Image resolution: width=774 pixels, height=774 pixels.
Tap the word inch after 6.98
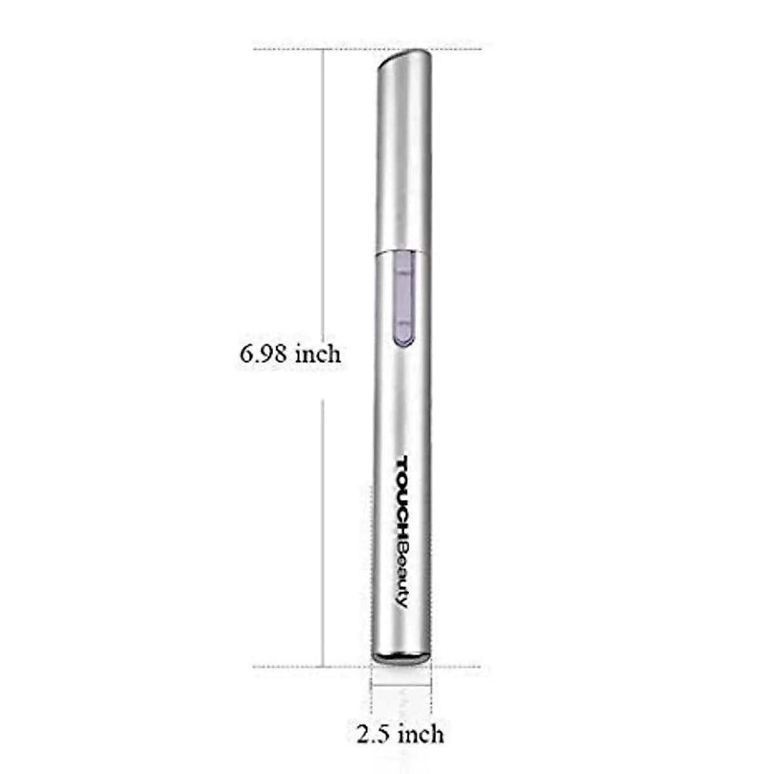pos(317,354)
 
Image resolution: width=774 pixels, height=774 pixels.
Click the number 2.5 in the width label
pos(375,733)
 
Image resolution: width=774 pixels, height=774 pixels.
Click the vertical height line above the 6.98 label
pos(322,193)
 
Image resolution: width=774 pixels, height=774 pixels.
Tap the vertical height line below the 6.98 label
pos(322,529)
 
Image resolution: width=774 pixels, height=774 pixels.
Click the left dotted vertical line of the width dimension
pos(371,690)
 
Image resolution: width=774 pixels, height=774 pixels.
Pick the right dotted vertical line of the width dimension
pos(432,690)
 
